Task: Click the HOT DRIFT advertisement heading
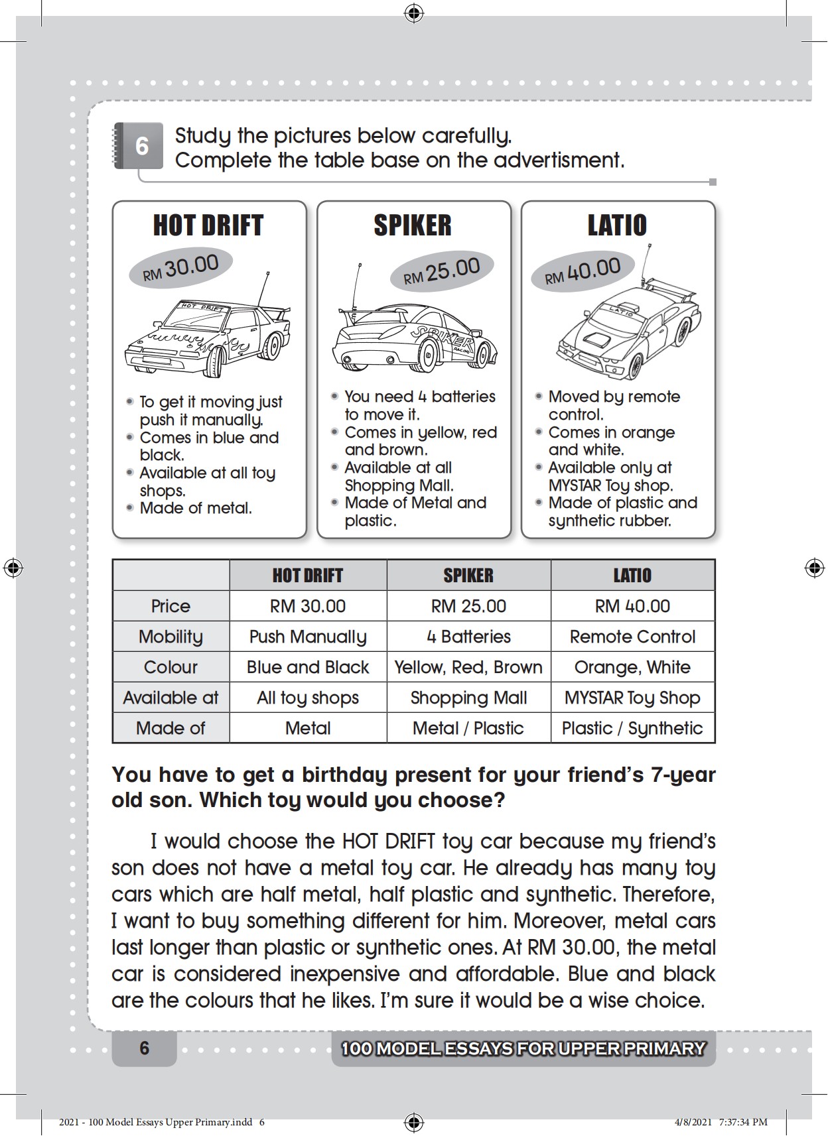pos(208,225)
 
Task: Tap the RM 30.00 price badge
pos(180,268)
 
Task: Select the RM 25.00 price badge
pos(441,271)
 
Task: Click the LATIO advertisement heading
pos(617,225)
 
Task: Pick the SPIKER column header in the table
pos(468,575)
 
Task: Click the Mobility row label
pos(171,637)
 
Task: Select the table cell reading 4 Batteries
pos(468,637)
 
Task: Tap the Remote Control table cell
pos(632,637)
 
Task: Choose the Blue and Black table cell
pos(308,667)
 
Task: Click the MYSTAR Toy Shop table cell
pos(632,698)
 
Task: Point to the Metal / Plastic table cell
pos(468,728)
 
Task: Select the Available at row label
pos(171,698)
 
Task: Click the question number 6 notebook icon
pos(139,145)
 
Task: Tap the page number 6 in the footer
pos(145,1048)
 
